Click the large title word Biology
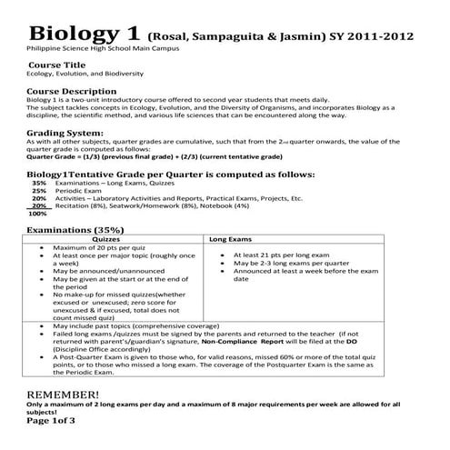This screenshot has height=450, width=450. pos(69,34)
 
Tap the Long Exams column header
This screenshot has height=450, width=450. pos(231,239)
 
